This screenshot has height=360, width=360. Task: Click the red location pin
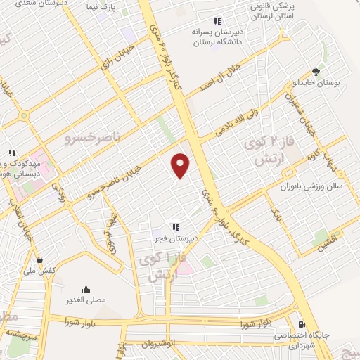(x=181, y=165)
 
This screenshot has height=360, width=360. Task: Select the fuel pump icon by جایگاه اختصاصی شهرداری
(x=302, y=325)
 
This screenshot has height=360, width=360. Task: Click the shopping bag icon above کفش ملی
(x=38, y=259)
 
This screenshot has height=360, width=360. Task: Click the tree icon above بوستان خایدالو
(x=316, y=72)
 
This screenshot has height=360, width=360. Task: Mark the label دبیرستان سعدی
(x=28, y=4)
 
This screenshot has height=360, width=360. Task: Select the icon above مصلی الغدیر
(x=86, y=289)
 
